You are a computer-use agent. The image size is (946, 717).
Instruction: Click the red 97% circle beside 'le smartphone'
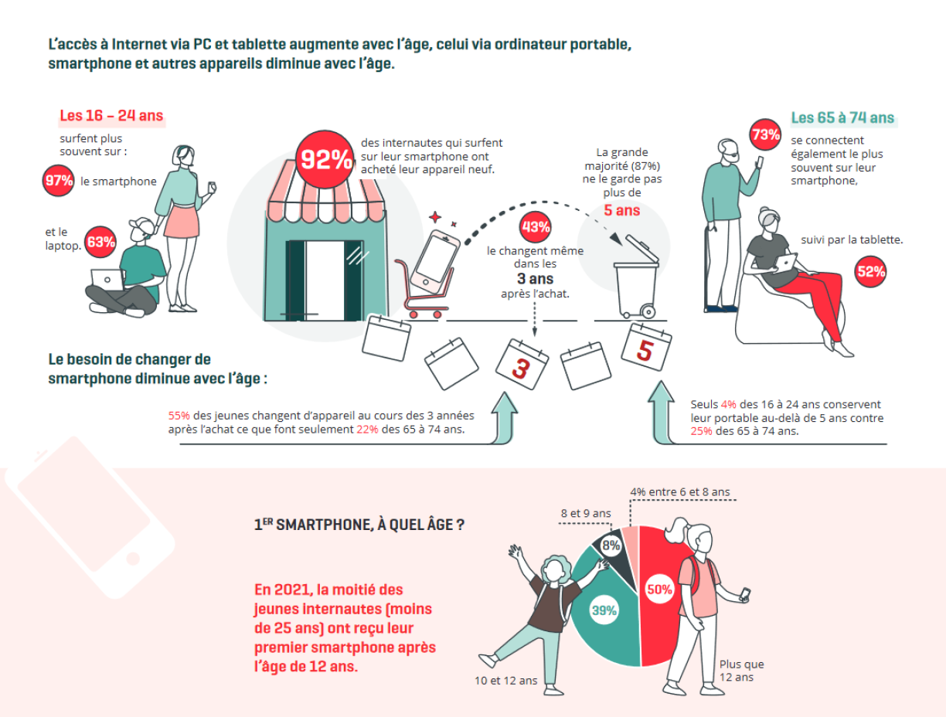[58, 181]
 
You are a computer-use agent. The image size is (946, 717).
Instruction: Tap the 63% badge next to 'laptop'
[100, 242]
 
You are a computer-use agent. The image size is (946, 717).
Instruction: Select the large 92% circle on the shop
[325, 159]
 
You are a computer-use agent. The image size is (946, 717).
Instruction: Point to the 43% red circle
[536, 227]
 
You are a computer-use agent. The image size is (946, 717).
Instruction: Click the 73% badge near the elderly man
[765, 134]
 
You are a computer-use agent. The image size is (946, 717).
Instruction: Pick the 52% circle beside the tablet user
[870, 272]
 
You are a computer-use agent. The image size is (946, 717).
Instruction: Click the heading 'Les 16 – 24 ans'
[111, 116]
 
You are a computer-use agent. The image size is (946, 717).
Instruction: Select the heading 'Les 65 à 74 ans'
[842, 117]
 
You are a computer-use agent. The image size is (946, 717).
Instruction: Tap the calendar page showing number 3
[522, 365]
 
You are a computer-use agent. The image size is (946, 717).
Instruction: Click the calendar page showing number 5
[646, 348]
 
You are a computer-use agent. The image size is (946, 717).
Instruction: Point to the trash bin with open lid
[637, 277]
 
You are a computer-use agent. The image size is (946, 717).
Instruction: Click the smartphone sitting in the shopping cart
[435, 262]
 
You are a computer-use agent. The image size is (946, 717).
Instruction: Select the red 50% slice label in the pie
[659, 589]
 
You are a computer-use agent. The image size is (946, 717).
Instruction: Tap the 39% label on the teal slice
[604, 610]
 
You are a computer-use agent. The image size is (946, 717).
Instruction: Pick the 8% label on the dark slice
[611, 545]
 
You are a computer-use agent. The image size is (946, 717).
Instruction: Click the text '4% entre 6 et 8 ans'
[680, 492]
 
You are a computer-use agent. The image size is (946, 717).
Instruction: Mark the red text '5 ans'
[621, 210]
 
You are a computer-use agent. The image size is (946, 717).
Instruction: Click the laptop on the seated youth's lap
[107, 280]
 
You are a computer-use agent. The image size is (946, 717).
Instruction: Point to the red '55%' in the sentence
[179, 416]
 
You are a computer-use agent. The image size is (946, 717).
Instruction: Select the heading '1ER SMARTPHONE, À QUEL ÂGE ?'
[359, 525]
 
